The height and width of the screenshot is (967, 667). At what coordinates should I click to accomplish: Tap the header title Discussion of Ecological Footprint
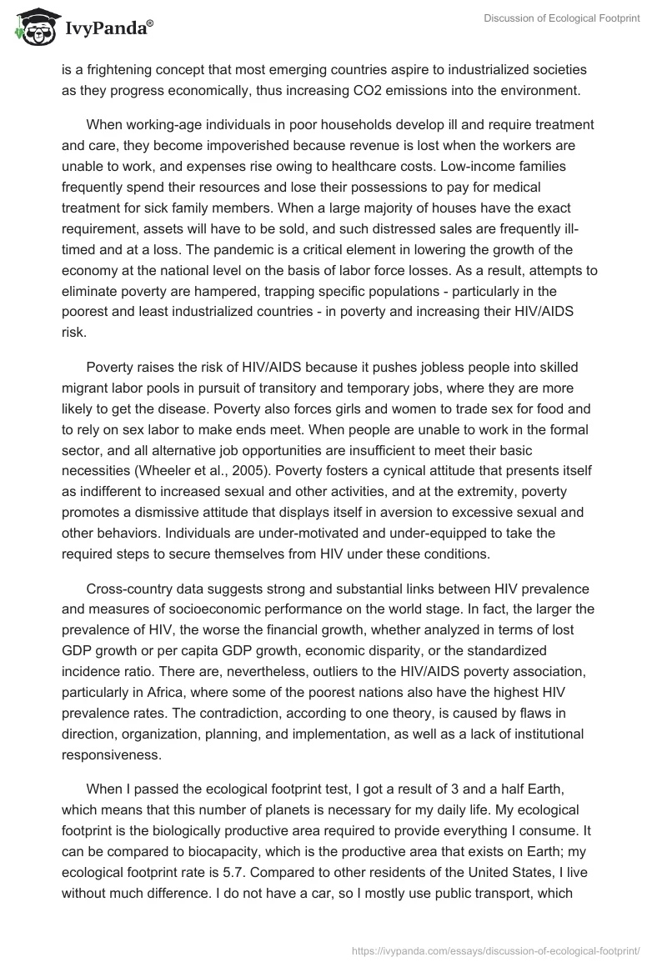(561, 18)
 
